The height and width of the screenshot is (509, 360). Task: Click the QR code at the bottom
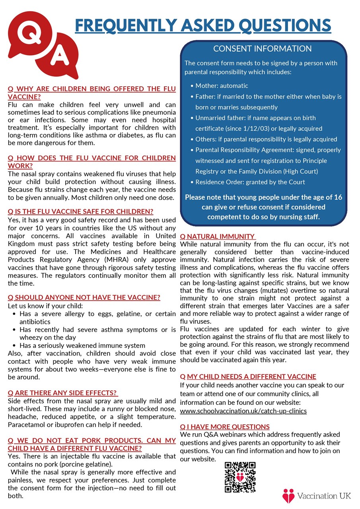(x=240, y=477)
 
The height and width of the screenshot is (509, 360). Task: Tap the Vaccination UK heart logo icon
(x=288, y=496)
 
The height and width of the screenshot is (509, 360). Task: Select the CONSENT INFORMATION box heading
(x=263, y=49)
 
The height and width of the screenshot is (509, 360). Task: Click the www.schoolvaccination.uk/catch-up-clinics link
(x=243, y=411)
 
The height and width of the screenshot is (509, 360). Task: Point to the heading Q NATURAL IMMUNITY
(x=218, y=236)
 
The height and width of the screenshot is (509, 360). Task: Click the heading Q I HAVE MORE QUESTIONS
(x=225, y=427)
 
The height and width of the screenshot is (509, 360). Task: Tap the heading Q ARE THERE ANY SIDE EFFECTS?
(x=63, y=393)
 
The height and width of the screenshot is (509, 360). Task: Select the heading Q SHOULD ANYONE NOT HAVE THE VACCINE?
(x=84, y=297)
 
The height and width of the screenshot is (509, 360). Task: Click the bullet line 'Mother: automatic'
(x=222, y=86)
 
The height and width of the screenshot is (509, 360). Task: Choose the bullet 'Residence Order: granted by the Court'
(x=250, y=182)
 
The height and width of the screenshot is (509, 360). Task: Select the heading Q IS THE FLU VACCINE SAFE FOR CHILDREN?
(x=80, y=212)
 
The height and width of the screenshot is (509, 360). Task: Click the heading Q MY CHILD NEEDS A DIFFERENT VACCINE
(x=248, y=377)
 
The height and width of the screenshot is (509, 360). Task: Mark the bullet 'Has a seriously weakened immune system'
(x=82, y=345)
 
